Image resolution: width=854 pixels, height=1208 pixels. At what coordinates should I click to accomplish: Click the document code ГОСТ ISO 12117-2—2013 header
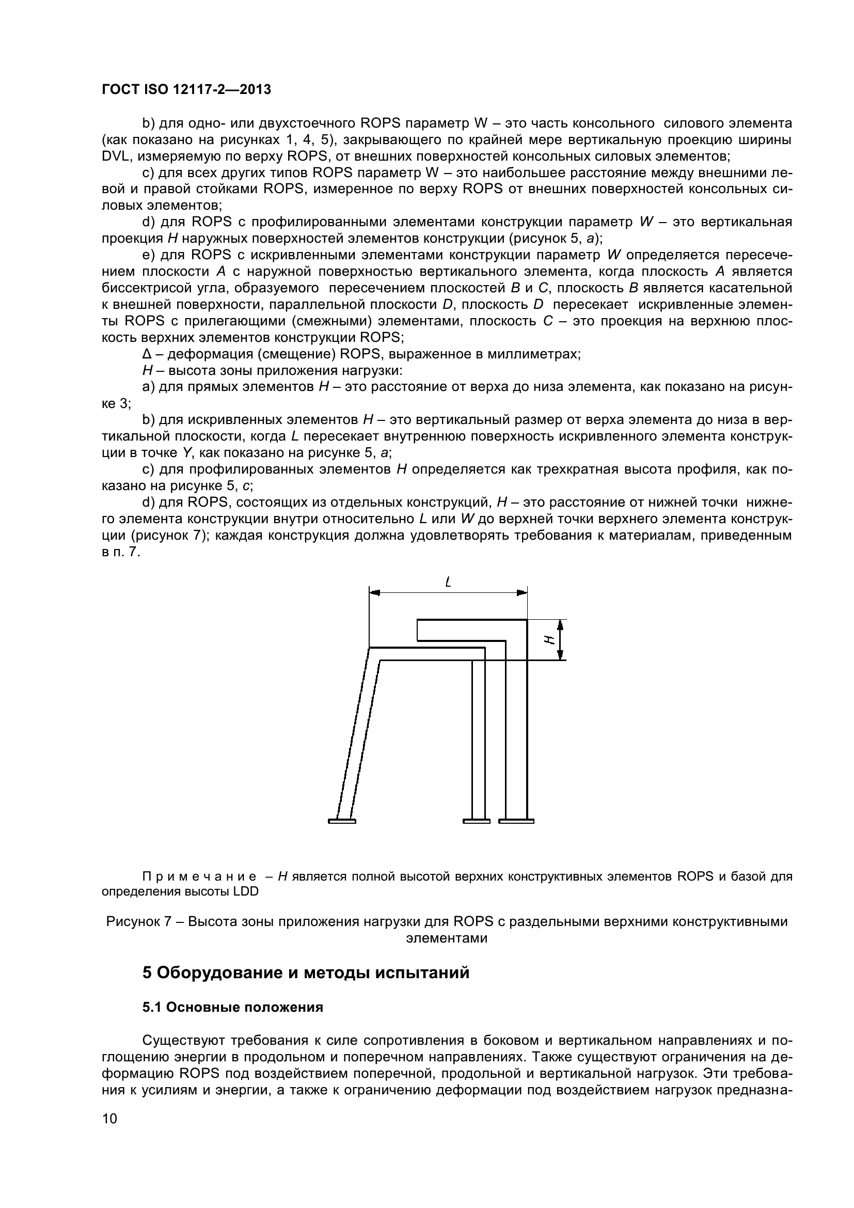coord(186,89)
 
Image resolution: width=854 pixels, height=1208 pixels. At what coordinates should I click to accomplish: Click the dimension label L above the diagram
coord(448,583)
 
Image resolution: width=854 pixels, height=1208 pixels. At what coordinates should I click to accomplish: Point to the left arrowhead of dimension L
coord(375,592)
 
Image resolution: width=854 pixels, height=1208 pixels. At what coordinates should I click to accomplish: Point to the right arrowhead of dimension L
coord(521,592)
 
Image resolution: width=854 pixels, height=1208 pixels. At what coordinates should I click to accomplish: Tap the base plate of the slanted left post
coord(342,821)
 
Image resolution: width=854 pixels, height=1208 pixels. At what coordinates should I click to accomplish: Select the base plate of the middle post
coord(477,821)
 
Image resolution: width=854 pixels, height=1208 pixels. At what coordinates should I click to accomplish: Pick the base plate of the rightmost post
coord(516,821)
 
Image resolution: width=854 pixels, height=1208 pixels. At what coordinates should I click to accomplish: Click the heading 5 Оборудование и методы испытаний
coord(306,973)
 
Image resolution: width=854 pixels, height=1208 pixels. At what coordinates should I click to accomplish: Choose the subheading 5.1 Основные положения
coord(232,1008)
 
